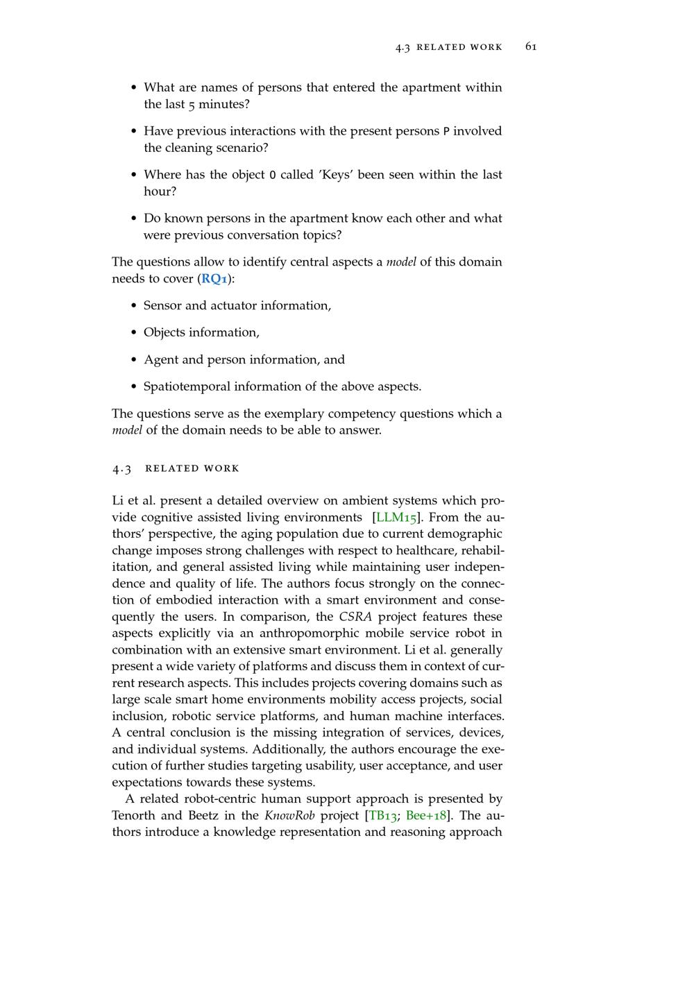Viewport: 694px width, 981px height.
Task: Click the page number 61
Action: pyautogui.click(x=531, y=46)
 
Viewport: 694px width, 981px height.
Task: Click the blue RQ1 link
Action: pyautogui.click(x=214, y=279)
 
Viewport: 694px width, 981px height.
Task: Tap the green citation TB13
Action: pyautogui.click(x=382, y=816)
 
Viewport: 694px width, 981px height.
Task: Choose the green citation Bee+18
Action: pyautogui.click(x=426, y=816)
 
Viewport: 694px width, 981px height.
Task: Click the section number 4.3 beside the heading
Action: pyautogui.click(x=121, y=468)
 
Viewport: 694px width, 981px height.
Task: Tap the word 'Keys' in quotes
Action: pyautogui.click(x=336, y=175)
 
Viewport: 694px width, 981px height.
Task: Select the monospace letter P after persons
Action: pyautogui.click(x=446, y=131)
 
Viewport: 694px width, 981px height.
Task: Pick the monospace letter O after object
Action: pyautogui.click(x=273, y=175)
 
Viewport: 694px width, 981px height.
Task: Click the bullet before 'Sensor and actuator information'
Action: pyautogui.click(x=134, y=306)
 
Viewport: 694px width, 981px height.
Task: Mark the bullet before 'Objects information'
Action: pyautogui.click(x=134, y=333)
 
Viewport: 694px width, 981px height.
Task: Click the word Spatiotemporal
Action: pyautogui.click(x=186, y=386)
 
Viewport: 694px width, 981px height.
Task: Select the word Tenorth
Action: pyautogui.click(x=136, y=816)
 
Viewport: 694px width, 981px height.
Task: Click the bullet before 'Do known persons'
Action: pyautogui.click(x=134, y=219)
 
